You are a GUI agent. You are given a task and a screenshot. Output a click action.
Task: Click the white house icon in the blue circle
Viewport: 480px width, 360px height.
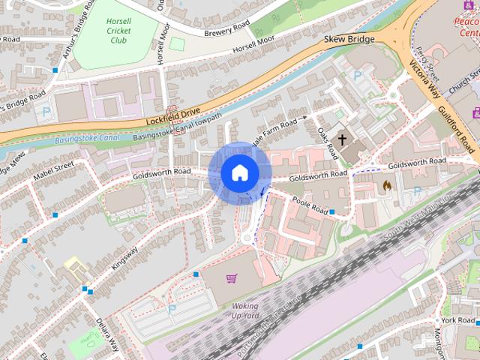pyautogui.click(x=239, y=173)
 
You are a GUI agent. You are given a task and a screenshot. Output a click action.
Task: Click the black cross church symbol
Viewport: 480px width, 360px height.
pyautogui.click(x=343, y=139)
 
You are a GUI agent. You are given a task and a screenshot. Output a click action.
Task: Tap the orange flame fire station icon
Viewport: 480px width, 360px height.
pyautogui.click(x=387, y=184)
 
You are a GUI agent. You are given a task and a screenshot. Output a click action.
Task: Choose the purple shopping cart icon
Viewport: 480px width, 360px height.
pyautogui.click(x=232, y=279)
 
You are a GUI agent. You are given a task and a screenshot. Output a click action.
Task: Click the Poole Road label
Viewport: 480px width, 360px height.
pyautogui.click(x=310, y=204)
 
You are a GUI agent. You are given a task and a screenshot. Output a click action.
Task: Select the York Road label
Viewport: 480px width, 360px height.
pyautogui.click(x=457, y=320)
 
